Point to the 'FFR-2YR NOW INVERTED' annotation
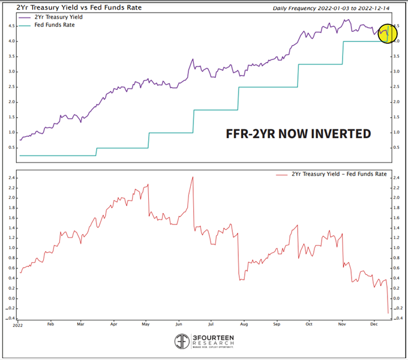point(298,133)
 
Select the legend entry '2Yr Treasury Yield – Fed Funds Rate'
point(330,174)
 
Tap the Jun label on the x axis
point(179,324)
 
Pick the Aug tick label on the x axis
point(244,324)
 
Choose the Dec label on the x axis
point(373,324)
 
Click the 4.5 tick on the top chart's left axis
point(12,26)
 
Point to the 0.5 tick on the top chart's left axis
point(12,148)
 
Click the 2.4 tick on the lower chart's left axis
point(11,178)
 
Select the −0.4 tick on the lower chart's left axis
point(10,319)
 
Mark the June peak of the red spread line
point(193,177)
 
